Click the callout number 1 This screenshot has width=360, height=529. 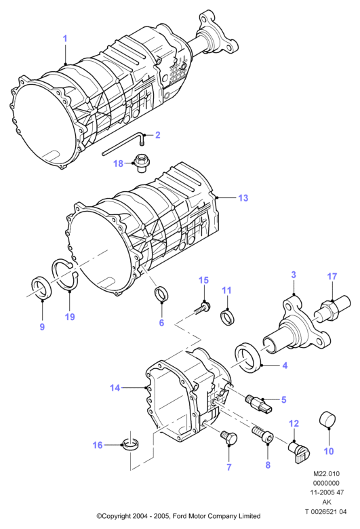coord(65,39)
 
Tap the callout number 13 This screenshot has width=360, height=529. coord(243,198)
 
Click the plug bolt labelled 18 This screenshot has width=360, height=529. coord(141,163)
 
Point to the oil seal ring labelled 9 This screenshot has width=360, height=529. coord(41,288)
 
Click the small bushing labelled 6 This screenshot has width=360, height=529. coord(161,294)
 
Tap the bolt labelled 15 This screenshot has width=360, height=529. coord(203,308)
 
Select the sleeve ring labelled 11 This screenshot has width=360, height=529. coord(228,318)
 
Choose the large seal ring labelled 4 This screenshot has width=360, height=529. coord(248,357)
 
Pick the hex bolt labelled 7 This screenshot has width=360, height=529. coord(228,437)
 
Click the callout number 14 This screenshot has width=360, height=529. coord(115,388)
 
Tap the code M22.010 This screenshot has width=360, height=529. coord(326,473)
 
